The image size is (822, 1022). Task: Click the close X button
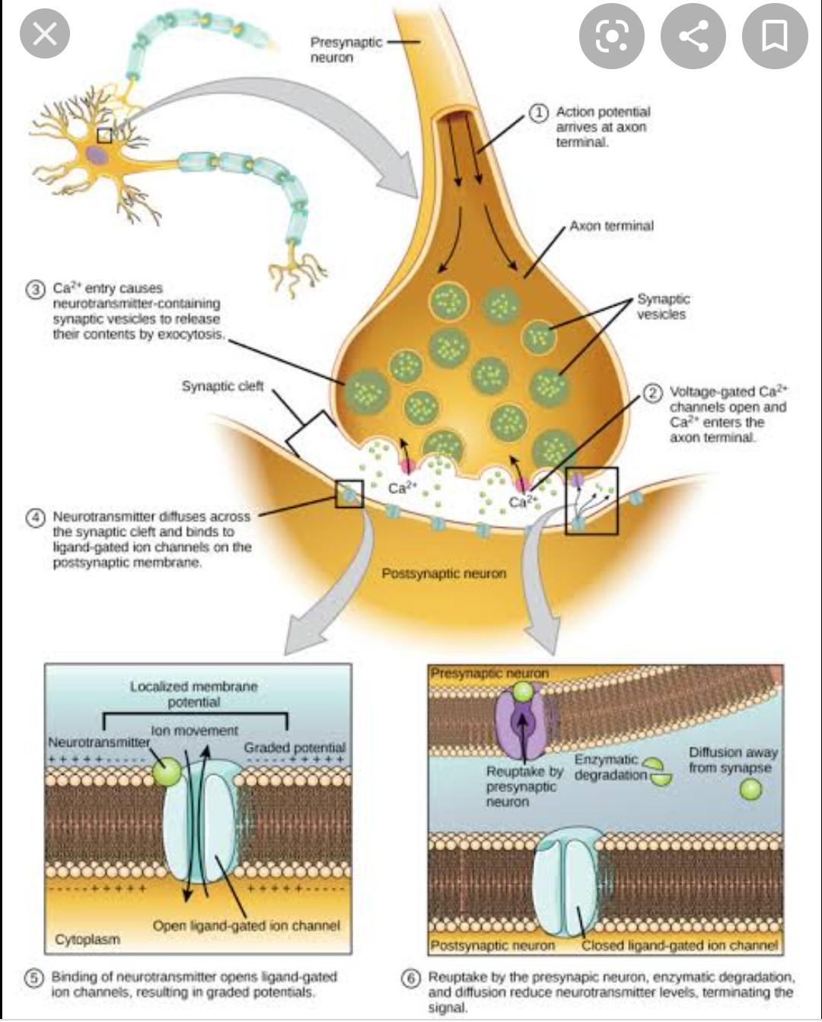tap(45, 34)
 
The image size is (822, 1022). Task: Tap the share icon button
tap(693, 36)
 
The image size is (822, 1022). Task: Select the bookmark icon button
tap(774, 36)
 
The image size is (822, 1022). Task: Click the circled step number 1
tap(538, 113)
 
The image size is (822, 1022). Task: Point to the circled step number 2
tap(652, 392)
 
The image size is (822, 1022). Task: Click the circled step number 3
tap(35, 289)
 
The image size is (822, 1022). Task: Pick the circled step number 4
tap(35, 517)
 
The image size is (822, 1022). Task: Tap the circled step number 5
tap(34, 977)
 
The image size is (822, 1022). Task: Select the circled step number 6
tap(411, 978)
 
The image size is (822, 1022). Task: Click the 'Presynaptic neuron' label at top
tap(345, 49)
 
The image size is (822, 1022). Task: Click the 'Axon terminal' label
tap(611, 226)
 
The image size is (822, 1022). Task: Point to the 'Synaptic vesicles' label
tap(662, 306)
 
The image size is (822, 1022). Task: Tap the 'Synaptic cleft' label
tap(222, 386)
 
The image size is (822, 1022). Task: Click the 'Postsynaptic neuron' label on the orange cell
tap(444, 573)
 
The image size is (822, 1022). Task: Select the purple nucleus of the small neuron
tap(96, 155)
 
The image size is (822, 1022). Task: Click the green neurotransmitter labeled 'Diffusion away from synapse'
tap(750, 789)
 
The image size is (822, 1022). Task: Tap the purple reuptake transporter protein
tap(522, 722)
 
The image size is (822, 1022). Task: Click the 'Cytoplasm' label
tap(88, 940)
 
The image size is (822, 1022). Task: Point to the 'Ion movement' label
tap(194, 731)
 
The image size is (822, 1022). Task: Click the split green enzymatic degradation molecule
tap(658, 770)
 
